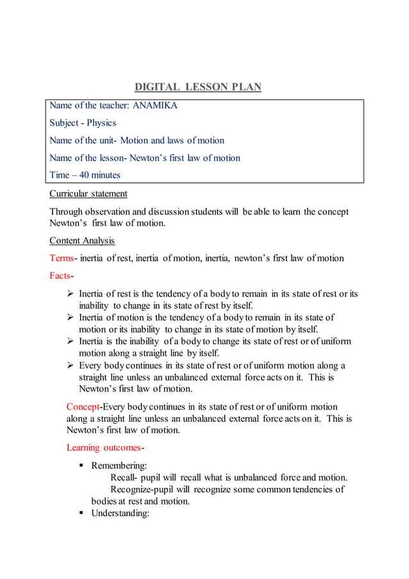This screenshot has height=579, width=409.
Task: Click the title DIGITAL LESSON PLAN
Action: [198, 87]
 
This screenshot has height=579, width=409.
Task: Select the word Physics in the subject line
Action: [102, 123]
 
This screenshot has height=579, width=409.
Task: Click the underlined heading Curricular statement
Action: [88, 193]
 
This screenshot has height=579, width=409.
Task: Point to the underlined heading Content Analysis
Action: [82, 241]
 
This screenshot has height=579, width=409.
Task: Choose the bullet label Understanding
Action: [121, 513]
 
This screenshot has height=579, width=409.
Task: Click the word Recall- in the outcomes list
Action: [127, 478]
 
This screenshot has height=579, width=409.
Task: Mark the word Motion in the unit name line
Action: [135, 141]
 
